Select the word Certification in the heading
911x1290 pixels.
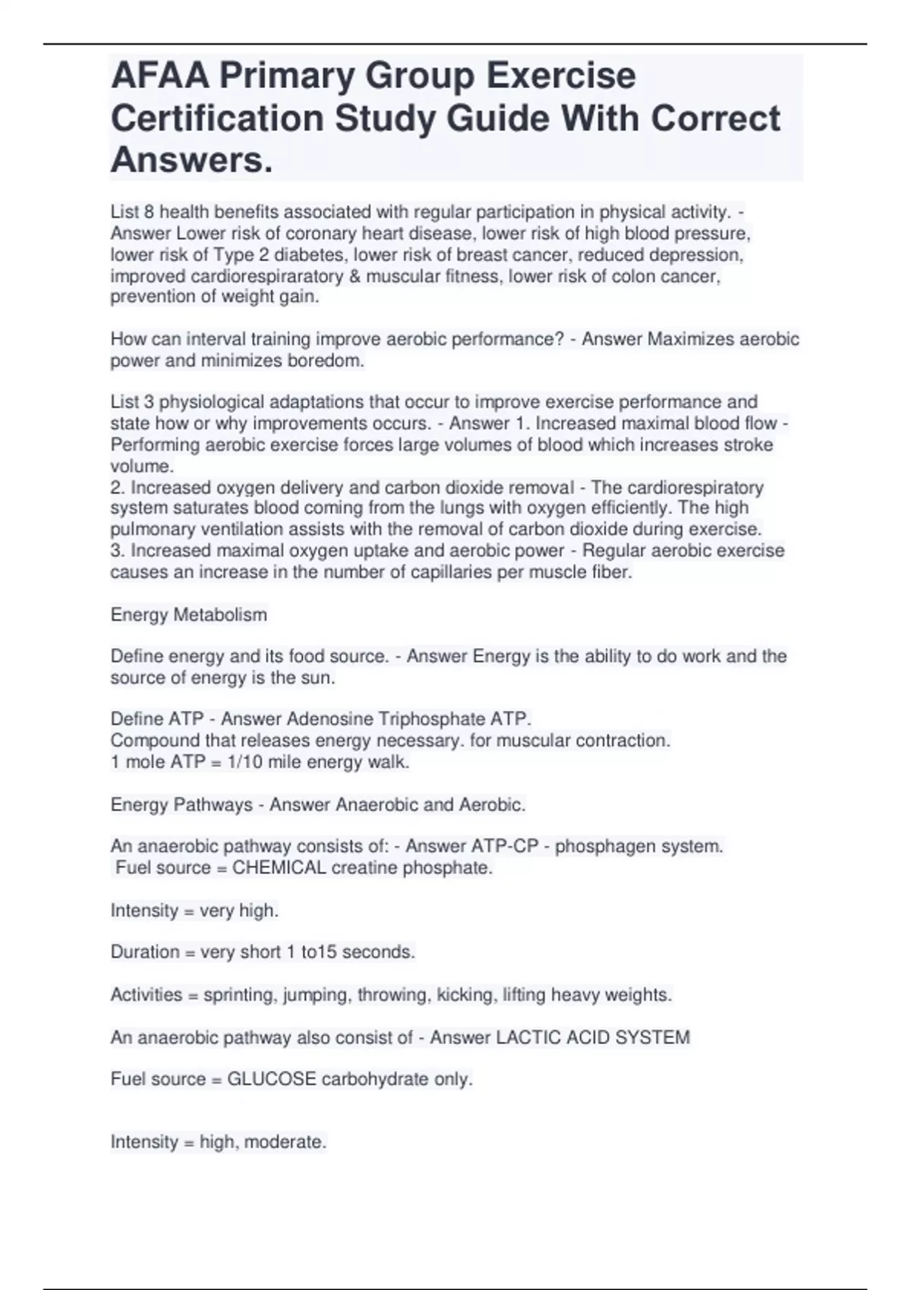tap(218, 119)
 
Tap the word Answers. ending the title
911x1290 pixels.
tap(191, 160)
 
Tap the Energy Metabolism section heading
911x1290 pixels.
tap(188, 615)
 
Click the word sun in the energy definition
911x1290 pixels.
tap(320, 678)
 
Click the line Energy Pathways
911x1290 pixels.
tap(181, 804)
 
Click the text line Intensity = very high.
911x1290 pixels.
tap(194, 910)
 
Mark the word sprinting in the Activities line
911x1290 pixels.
tap(238, 995)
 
